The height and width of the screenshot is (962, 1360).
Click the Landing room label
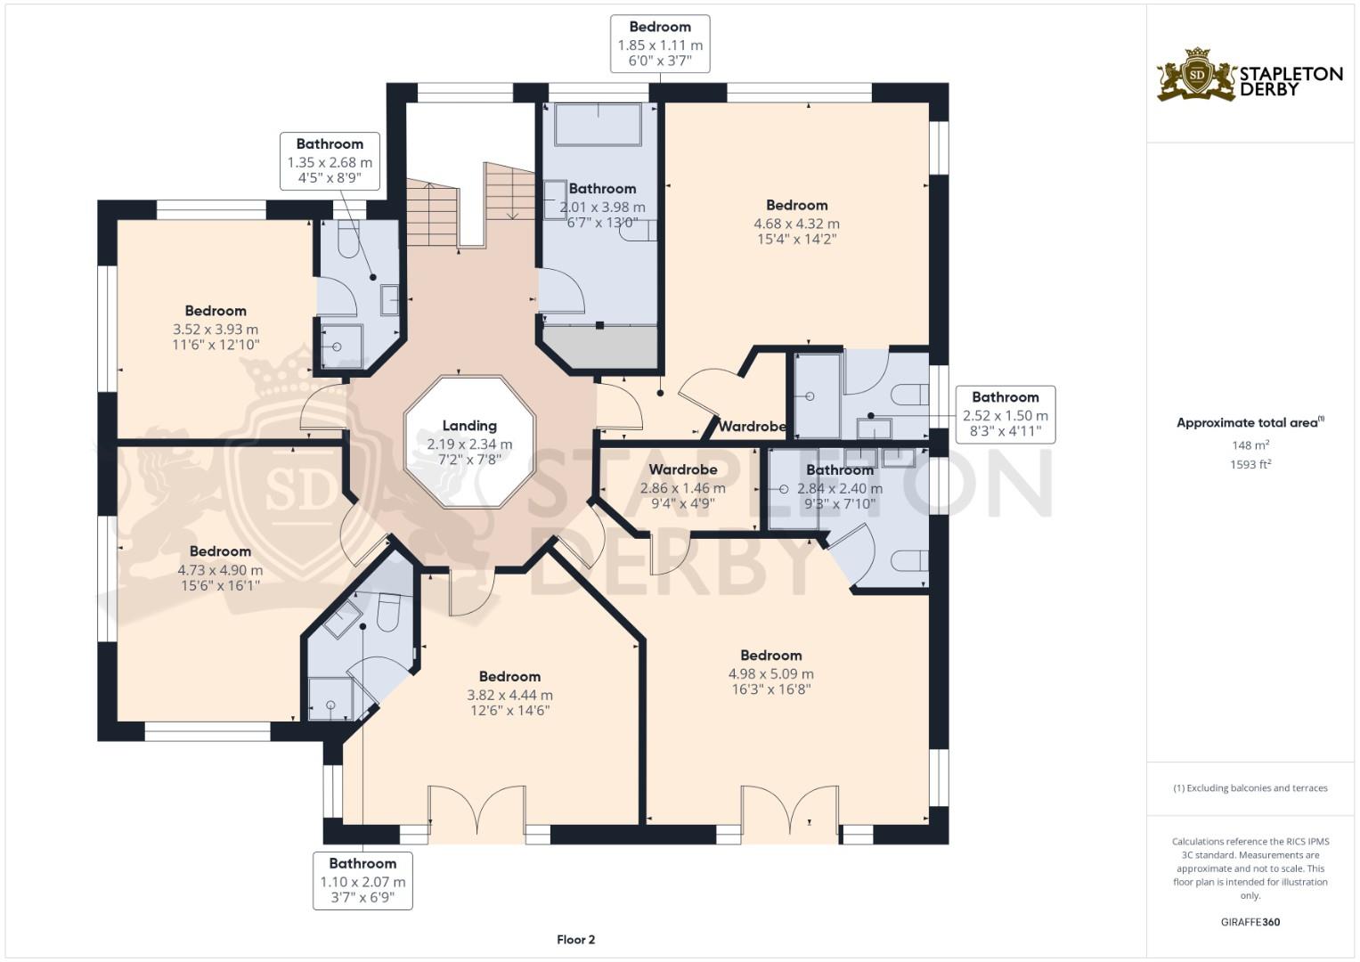[x=469, y=426]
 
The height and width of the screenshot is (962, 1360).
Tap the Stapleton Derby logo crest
[x=1197, y=74]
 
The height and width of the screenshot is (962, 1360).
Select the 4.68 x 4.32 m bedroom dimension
[x=796, y=224]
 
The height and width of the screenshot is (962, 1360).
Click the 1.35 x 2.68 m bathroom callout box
[x=330, y=161]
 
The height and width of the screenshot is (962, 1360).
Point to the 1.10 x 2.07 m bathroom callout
[x=362, y=881]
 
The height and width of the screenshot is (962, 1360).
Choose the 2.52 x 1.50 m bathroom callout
[x=1006, y=414]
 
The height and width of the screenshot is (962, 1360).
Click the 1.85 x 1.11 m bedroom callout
[x=660, y=44]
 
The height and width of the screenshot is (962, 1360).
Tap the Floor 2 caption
[x=575, y=940]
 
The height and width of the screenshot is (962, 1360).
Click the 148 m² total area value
[x=1250, y=445]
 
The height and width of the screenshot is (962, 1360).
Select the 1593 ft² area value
[x=1250, y=465]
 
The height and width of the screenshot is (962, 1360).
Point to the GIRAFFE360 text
[x=1250, y=922]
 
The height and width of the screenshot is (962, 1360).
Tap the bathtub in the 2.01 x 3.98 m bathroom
[x=598, y=125]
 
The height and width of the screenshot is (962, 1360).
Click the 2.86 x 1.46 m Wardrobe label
[x=682, y=469]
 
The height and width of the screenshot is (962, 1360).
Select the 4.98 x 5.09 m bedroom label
[x=771, y=656]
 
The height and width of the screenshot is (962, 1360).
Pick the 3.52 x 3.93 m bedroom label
[x=216, y=311]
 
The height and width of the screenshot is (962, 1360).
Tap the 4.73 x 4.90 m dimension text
[x=220, y=570]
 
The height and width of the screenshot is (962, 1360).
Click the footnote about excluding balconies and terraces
[x=1250, y=788]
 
